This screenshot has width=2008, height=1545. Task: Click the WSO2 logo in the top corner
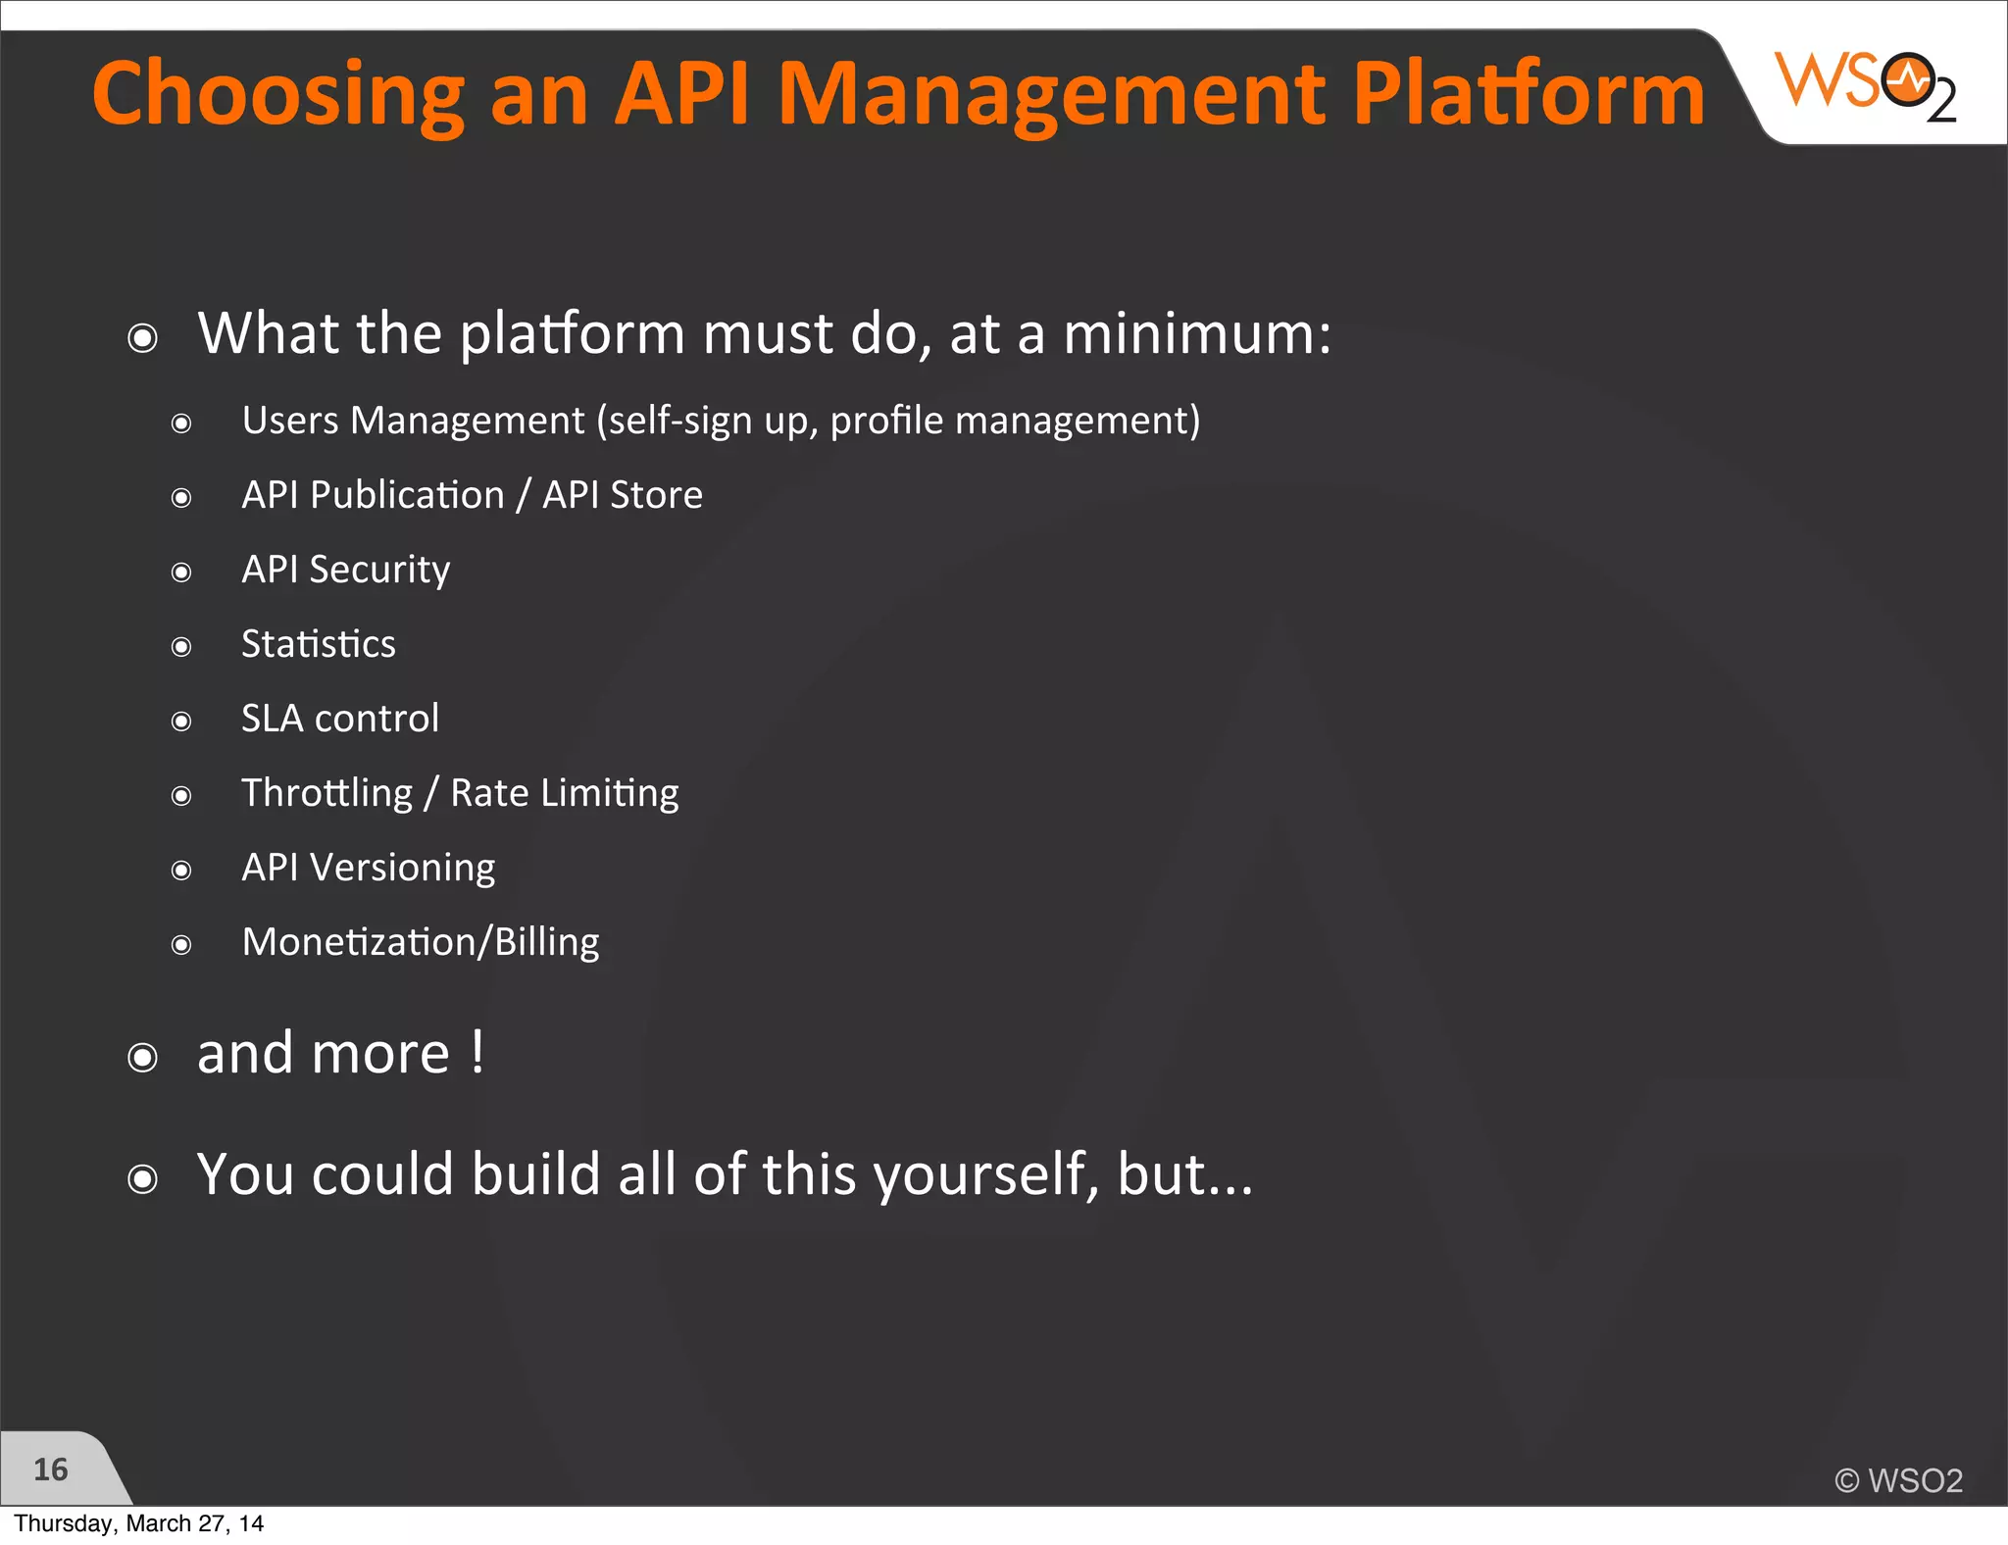tap(1865, 84)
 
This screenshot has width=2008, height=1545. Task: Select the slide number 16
tap(50, 1470)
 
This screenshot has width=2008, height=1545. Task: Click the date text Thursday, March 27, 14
tap(138, 1523)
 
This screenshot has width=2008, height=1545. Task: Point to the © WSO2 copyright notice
tap(1898, 1480)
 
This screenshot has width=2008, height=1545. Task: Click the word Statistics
tap(319, 644)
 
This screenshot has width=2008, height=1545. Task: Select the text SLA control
tap(340, 719)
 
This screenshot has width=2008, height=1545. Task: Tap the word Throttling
tap(327, 793)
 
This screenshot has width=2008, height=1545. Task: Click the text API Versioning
tap(368, 868)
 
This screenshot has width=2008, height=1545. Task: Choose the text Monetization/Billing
tap(420, 942)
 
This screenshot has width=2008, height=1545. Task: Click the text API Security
tap(345, 570)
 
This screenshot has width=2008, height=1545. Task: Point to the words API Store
tap(623, 495)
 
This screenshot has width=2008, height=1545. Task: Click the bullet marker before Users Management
tap(181, 424)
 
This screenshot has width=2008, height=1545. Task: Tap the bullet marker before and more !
tap(143, 1058)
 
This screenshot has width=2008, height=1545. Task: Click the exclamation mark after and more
tap(477, 1054)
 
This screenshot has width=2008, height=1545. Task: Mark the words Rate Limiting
tap(564, 793)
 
